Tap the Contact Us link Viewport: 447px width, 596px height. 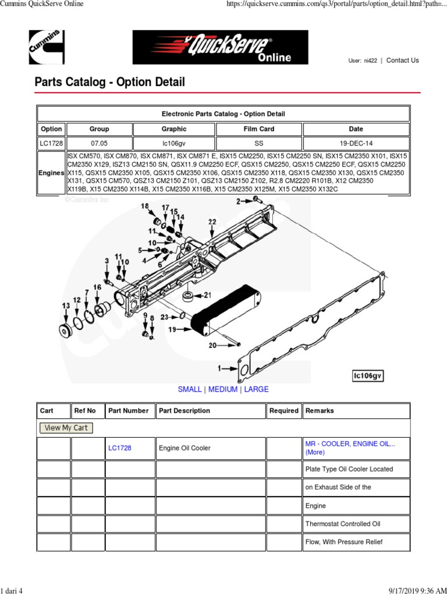point(402,61)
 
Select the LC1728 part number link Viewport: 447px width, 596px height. point(120,448)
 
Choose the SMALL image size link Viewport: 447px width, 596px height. point(190,389)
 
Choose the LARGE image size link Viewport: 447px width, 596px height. point(256,389)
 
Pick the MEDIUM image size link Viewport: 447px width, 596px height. point(223,389)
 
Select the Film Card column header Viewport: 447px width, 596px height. point(258,129)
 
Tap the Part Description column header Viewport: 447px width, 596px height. point(185,411)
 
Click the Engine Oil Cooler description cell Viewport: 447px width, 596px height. point(185,448)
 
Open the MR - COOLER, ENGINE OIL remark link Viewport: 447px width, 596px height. point(350,444)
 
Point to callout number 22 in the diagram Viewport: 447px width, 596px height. point(212,222)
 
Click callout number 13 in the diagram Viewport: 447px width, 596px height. point(66,306)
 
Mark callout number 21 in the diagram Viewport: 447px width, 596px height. point(207,295)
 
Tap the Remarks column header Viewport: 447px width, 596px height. point(320,411)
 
